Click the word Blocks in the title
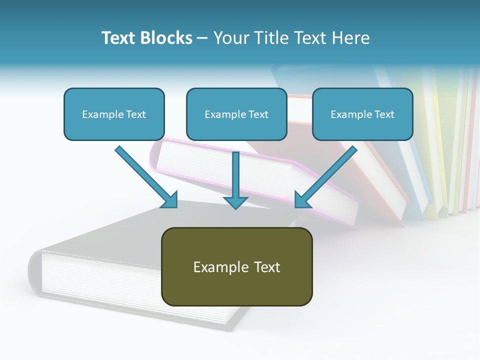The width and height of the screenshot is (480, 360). [x=167, y=38]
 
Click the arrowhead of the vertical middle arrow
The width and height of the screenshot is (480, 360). [x=235, y=202]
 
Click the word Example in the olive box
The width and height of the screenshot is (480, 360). [x=214, y=267]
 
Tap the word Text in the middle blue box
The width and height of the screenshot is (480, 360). [x=258, y=114]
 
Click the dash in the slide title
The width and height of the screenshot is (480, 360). [x=202, y=38]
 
